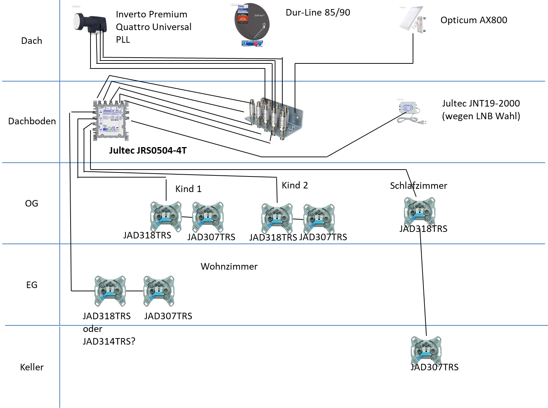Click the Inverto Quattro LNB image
point(90,24)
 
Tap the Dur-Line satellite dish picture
point(252,25)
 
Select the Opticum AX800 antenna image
point(413,20)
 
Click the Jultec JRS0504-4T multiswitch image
point(110,120)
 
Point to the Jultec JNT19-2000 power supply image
point(411,113)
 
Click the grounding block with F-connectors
point(273,118)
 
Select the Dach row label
point(31,41)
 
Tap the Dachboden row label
point(32,121)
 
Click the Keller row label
point(32,367)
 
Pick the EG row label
point(32,285)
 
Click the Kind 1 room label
point(188,189)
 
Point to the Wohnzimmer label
point(229,266)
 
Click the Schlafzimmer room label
point(418,186)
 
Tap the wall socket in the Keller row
point(426,350)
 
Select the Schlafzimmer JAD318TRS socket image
point(420,212)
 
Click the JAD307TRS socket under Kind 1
point(208,217)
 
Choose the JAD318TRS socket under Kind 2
point(277,218)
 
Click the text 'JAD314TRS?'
point(109,341)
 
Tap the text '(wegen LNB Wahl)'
point(481,116)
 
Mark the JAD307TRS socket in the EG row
point(159,291)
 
